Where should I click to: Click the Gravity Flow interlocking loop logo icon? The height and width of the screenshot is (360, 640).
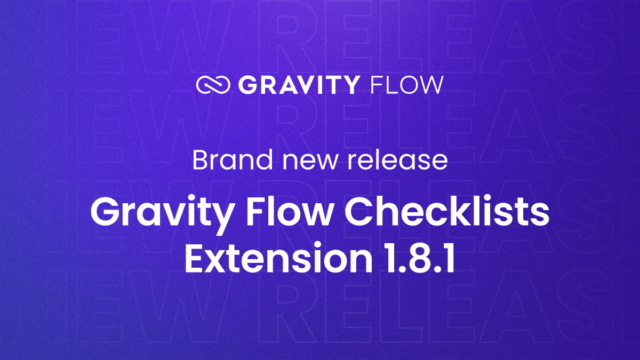coord(213,85)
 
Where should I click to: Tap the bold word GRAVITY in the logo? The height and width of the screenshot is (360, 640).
coord(298,85)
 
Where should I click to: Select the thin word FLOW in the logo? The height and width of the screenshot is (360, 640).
coord(406,85)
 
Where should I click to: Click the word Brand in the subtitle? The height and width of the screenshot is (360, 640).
coord(233,160)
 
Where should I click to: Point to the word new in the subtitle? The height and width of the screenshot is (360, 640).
coord(310,163)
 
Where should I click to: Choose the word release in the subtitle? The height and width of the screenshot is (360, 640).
coord(398,160)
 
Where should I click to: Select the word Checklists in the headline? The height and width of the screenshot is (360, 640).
coord(447,211)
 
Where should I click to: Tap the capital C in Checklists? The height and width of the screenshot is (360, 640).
coord(358,212)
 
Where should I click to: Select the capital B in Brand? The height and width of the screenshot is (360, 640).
coord(202,161)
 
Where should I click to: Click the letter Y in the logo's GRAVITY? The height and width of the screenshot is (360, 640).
coord(349,85)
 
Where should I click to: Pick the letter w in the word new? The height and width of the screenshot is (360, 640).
coord(326,163)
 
